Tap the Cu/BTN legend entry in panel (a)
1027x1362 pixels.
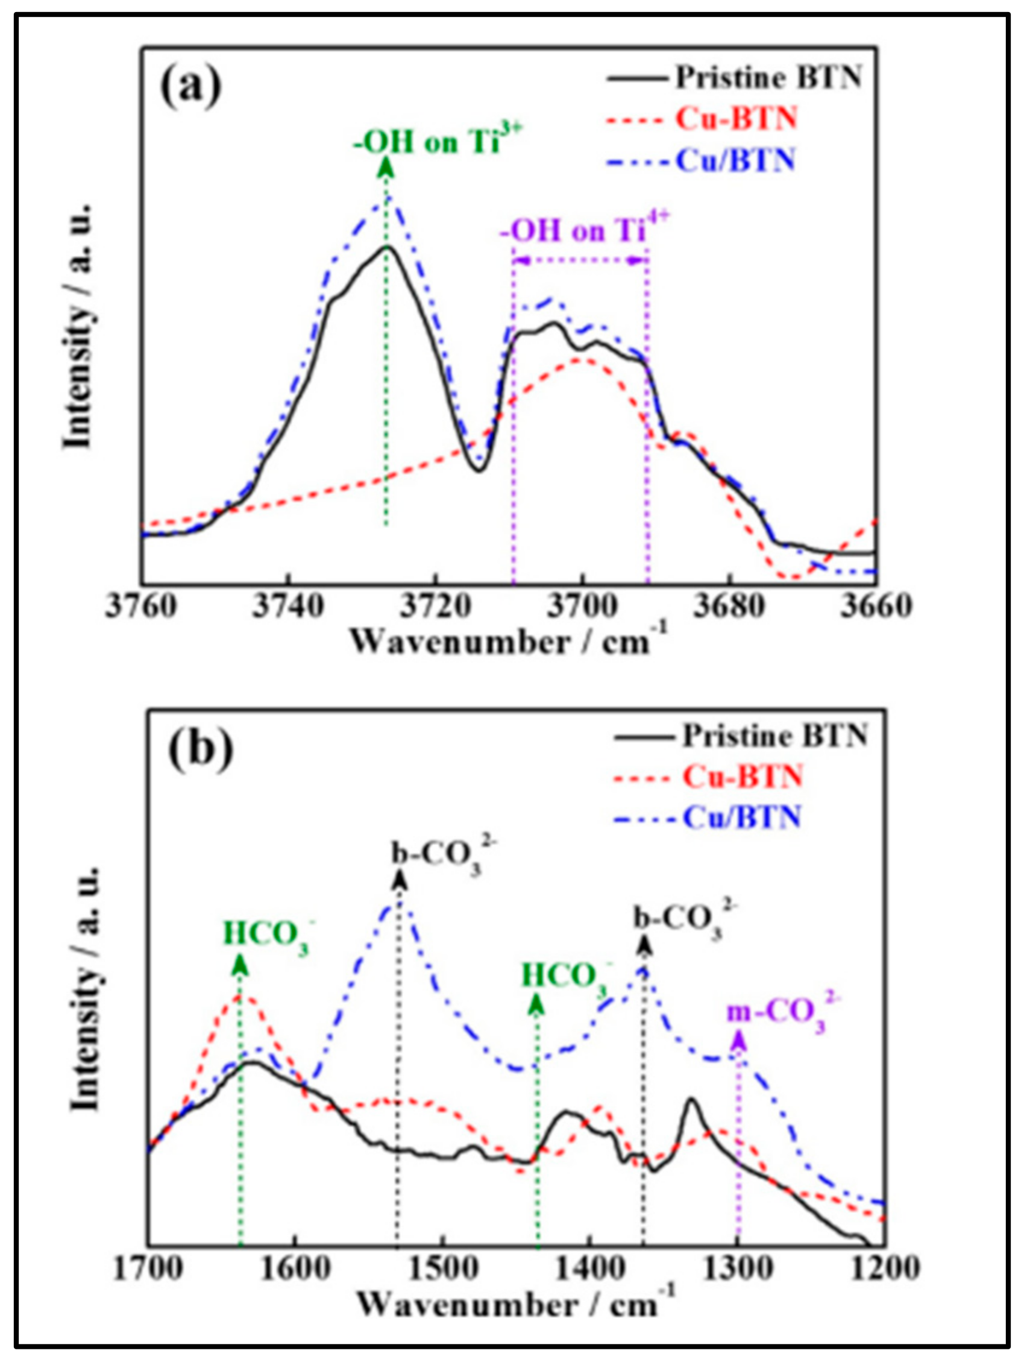click(x=735, y=162)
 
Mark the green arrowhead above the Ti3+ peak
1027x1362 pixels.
click(x=386, y=167)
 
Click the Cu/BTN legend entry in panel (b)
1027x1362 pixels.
click(x=741, y=817)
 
